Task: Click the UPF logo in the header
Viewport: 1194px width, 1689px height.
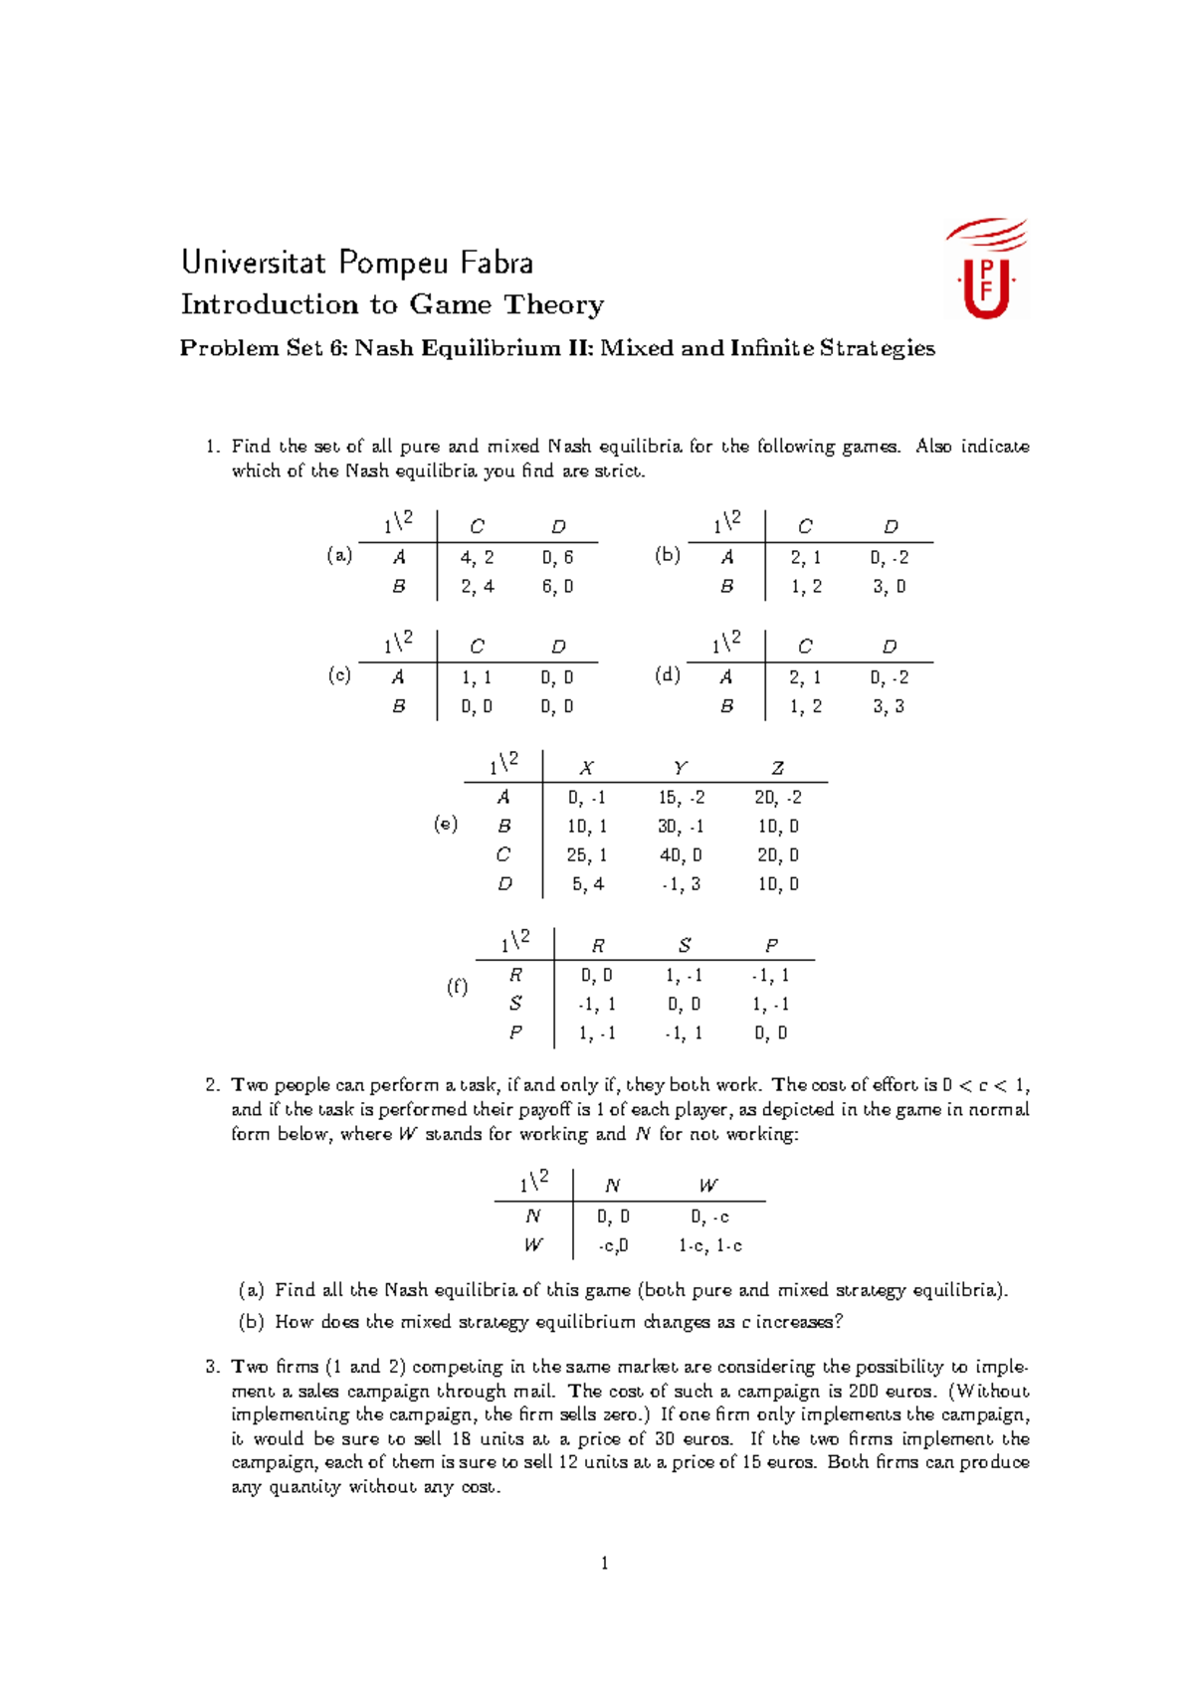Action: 985,269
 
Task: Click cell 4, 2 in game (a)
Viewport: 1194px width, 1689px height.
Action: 477,557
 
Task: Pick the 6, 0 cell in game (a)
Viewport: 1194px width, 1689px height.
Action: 557,586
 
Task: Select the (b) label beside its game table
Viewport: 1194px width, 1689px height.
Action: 667,555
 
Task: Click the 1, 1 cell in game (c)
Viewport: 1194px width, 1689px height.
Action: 477,677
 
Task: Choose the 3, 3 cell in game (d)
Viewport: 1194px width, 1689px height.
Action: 889,706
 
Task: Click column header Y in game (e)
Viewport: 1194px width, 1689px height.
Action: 680,768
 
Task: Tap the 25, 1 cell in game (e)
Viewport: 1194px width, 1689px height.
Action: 587,854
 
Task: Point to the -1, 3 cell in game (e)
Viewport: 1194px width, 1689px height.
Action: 681,883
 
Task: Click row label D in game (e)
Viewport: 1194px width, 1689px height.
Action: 504,883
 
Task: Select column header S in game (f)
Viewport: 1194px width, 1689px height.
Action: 685,946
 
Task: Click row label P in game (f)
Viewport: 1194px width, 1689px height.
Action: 515,1032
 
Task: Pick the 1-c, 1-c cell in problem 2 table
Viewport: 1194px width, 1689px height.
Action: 710,1245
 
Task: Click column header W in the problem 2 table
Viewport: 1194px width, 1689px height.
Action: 707,1186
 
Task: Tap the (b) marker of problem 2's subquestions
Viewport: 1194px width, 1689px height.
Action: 251,1322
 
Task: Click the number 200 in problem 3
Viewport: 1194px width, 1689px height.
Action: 863,1391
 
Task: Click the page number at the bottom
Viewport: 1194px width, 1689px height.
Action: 604,1563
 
